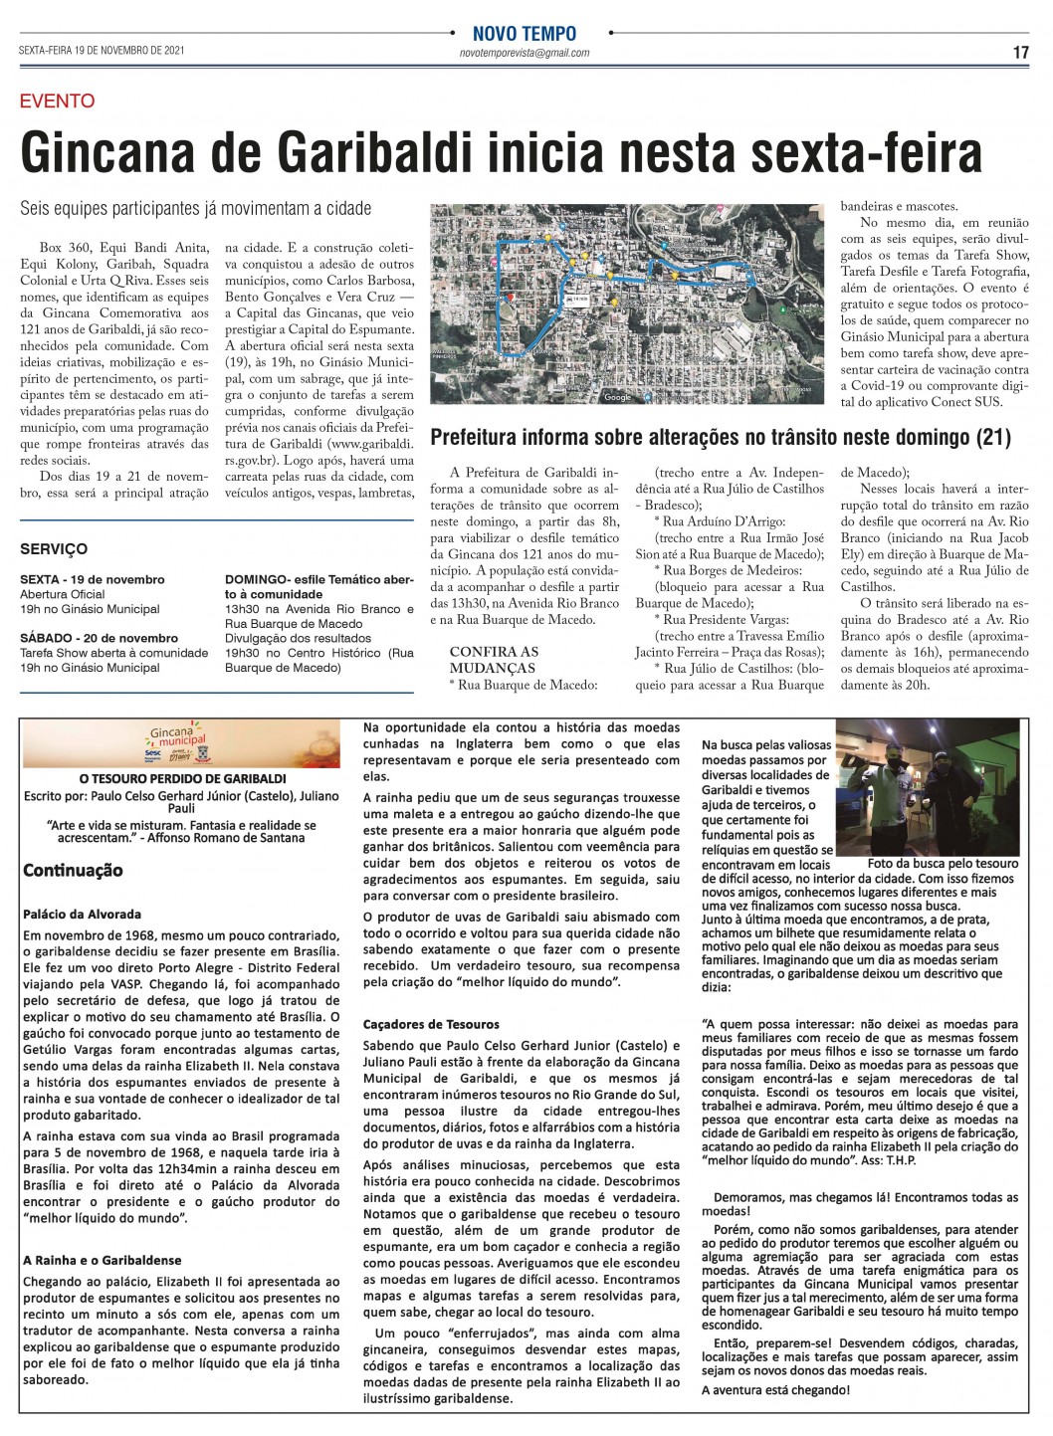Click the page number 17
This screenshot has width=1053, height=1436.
[1020, 53]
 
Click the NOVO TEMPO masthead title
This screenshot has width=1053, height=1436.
[526, 34]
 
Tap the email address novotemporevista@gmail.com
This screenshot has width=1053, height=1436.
[526, 53]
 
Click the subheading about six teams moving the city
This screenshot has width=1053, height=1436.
[195, 209]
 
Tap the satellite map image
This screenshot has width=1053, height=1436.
[626, 305]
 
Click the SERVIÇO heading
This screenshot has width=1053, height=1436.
[54, 548]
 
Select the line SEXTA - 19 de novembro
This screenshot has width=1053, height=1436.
[92, 579]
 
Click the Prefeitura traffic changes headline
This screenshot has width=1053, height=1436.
[721, 437]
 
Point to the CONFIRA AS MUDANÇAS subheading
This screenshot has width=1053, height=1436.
[494, 660]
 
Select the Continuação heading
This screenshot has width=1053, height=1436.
[74, 870]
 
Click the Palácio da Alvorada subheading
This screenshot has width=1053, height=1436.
[82, 914]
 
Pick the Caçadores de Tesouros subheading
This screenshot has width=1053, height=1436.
[431, 1023]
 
